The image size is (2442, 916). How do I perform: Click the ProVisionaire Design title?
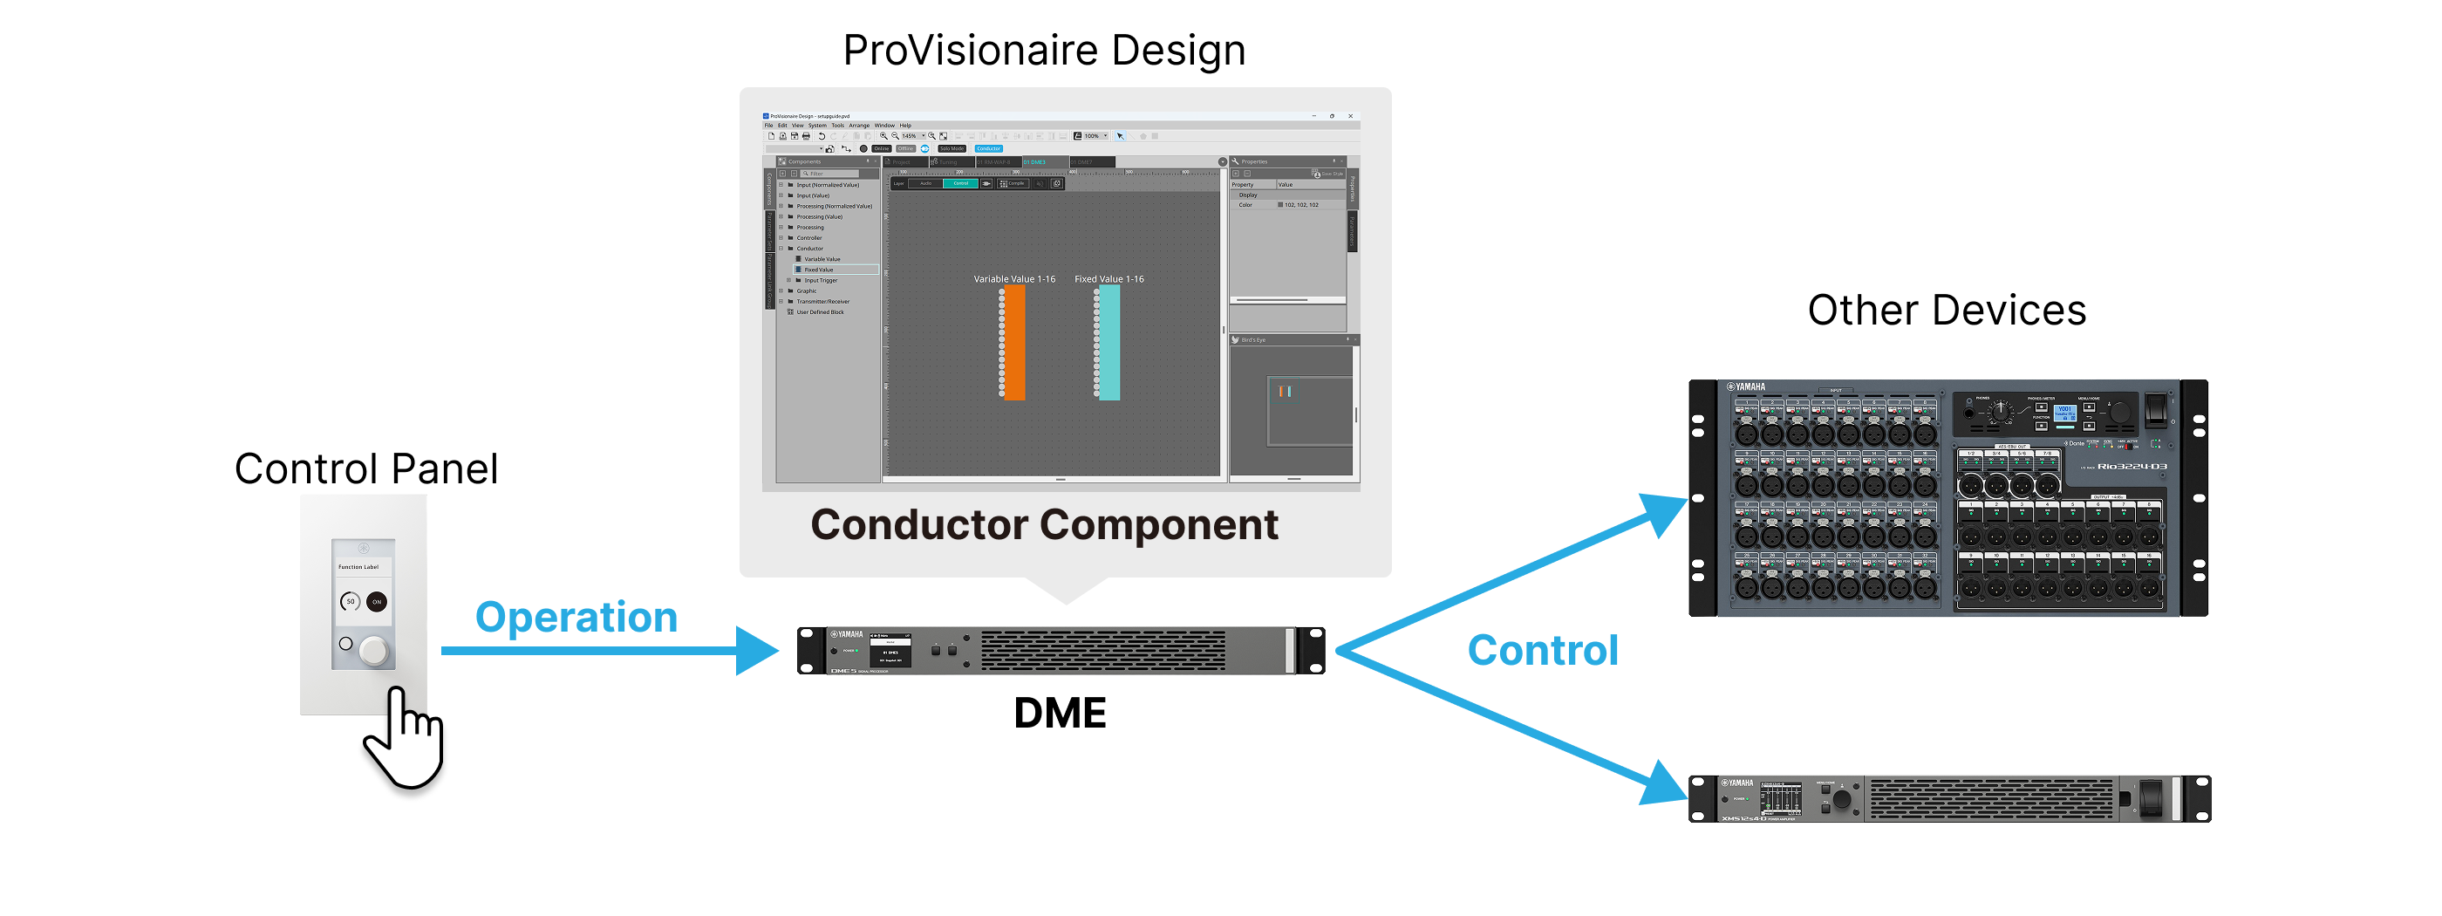coord(1044,51)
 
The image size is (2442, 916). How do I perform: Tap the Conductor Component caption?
coord(1044,524)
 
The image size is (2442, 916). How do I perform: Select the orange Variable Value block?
coord(1014,342)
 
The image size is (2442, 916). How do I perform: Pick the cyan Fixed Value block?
coord(1109,342)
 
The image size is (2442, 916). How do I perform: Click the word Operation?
coord(576,618)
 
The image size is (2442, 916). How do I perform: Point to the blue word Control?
coord(1542,651)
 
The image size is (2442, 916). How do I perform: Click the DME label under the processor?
coord(1060,713)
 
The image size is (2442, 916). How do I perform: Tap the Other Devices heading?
coord(1947,310)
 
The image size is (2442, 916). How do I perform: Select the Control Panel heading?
coord(366,468)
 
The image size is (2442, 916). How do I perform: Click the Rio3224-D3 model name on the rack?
coord(2131,467)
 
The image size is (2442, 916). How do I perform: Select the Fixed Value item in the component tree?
coord(819,270)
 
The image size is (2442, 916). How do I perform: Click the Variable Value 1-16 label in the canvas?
coord(1014,279)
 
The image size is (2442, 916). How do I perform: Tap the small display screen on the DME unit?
coord(890,651)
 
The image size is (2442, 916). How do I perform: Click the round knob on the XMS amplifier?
coord(1842,799)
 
